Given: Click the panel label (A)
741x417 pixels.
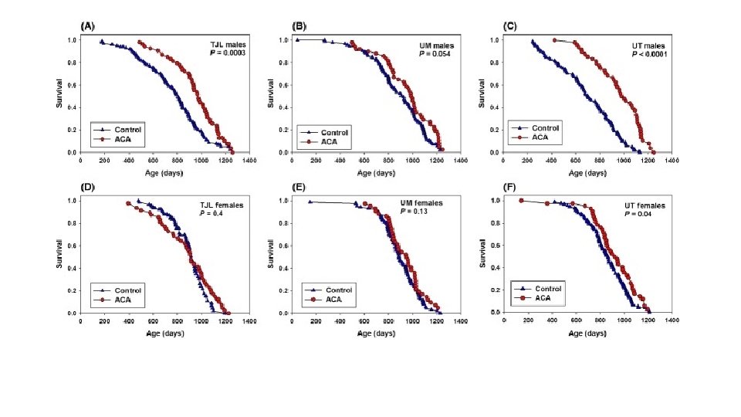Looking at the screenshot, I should coord(89,25).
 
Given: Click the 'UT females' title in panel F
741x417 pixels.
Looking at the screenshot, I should coord(645,206).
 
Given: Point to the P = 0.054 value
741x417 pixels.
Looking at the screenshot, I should coord(436,54).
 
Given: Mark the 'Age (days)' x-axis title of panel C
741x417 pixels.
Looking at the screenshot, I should coord(587,172).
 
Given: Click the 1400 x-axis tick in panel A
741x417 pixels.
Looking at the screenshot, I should coord(249,161).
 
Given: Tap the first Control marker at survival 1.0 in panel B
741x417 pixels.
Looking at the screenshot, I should coord(297,39).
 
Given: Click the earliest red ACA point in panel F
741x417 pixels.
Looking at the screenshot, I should coord(522,200).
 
